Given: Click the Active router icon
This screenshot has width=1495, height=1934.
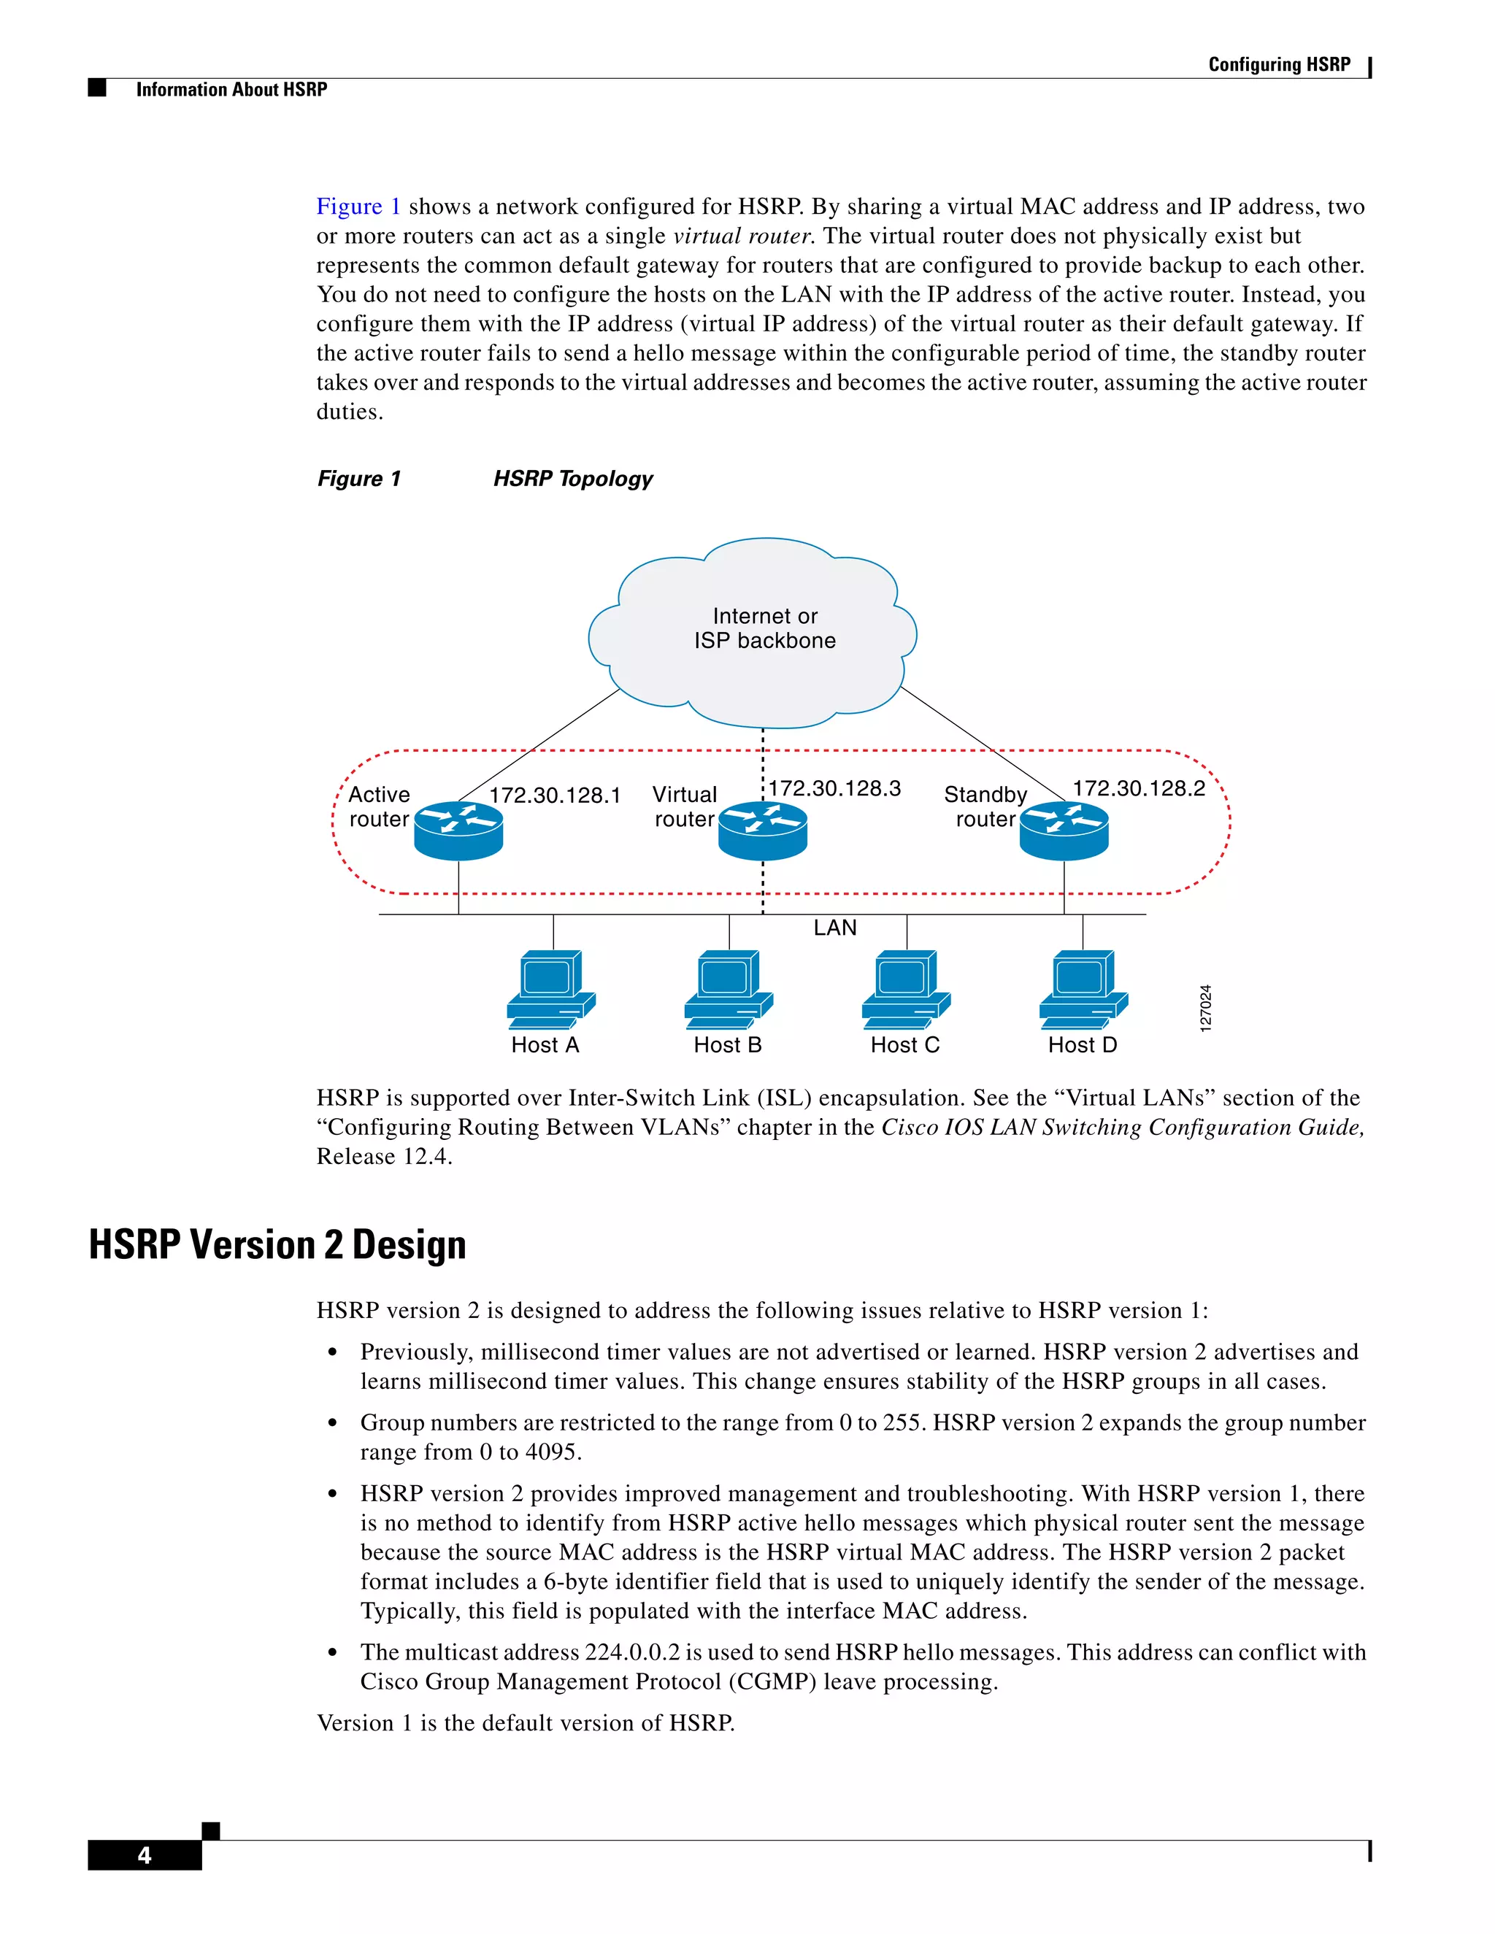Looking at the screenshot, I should pos(458,831).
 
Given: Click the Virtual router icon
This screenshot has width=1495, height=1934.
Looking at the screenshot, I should pos(763,831).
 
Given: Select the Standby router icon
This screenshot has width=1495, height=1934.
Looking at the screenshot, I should pos(1064,831).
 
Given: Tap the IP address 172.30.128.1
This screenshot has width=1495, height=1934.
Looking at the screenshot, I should pos(555,795).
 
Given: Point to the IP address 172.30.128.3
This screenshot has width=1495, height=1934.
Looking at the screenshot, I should pos(834,788).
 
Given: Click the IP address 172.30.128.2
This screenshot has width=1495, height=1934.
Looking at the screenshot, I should pos(1139,788).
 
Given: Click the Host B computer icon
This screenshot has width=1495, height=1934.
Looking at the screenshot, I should pos(728,989).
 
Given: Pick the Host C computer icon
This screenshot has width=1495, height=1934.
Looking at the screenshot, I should pos(905,989).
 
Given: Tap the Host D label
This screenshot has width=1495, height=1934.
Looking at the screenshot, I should pos(1083,1045).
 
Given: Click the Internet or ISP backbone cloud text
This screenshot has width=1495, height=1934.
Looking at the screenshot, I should pos(764,628).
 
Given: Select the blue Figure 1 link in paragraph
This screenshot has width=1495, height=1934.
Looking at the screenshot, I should pos(358,207).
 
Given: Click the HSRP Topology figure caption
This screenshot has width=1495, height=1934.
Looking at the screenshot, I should pos(572,478).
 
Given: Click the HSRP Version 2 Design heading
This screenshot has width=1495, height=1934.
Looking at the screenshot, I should pos(277,1244).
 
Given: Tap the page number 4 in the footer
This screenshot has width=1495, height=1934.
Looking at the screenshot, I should pos(145,1855).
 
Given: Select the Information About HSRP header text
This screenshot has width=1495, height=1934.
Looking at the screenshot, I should pos(231,90).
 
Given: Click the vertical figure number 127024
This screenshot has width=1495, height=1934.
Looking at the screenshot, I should pos(1204,1008).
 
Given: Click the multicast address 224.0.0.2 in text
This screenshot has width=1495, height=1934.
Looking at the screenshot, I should pos(631,1652).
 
